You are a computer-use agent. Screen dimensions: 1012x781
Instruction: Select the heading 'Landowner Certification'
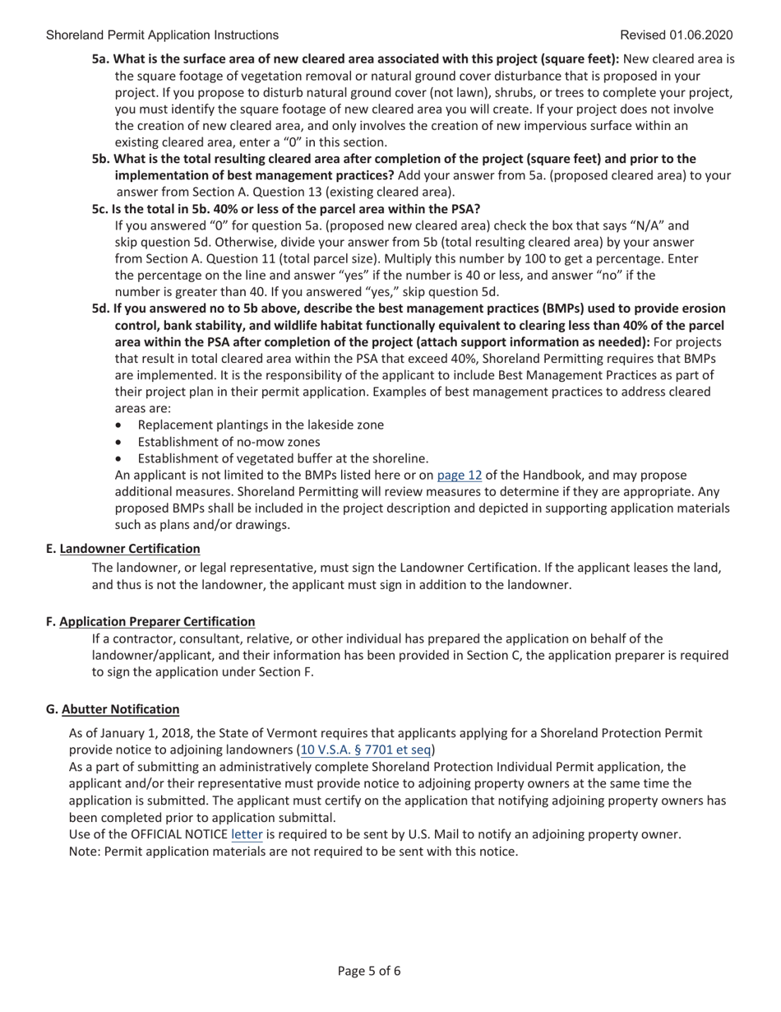pos(130,548)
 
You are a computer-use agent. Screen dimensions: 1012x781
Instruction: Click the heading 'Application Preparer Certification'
pos(157,621)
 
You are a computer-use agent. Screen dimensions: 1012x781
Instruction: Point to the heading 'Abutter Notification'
pos(120,708)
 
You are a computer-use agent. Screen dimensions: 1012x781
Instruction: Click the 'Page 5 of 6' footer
pos(369,971)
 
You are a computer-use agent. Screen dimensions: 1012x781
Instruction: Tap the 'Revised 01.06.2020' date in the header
pos(677,35)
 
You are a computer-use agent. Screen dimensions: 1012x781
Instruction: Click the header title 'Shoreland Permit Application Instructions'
pos(162,35)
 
